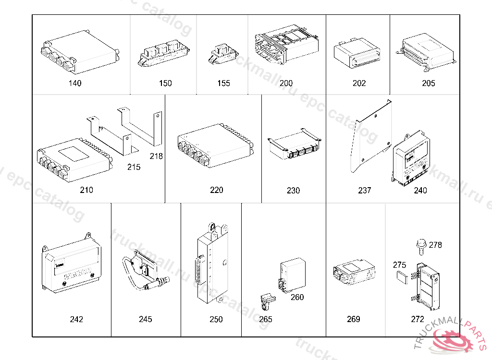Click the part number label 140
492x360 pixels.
tap(75, 83)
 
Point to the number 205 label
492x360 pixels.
tap(428, 83)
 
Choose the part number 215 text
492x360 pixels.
tap(134, 167)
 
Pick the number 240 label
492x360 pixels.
tap(420, 190)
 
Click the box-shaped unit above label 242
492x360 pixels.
tap(72, 266)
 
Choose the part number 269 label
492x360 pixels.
tap(353, 319)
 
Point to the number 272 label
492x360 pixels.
tap(418, 319)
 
